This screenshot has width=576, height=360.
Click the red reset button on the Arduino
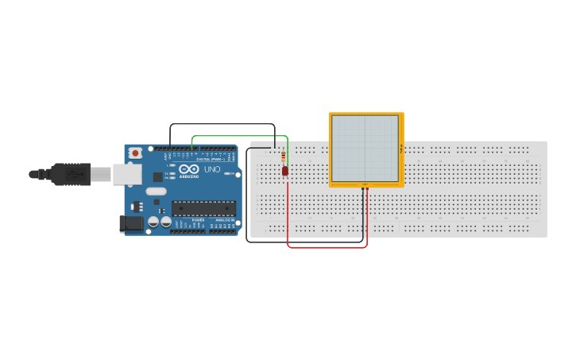pos(136,153)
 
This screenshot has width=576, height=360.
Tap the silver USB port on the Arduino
pos(126,174)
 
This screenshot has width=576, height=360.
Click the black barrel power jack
pos(131,224)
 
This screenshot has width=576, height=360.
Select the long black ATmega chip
pos(203,208)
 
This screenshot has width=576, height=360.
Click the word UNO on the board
pos(212,169)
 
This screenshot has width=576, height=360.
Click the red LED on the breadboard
pos(285,171)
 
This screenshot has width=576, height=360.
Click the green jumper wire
pos(238,136)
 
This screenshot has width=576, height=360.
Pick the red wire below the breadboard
pos(326,247)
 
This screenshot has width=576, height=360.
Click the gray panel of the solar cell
pos(365,148)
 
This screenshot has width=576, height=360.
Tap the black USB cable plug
pos(71,174)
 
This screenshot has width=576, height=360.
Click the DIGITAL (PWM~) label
pos(210,160)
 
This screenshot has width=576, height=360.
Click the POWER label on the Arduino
pos(198,220)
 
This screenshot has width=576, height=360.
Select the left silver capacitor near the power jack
pos(153,223)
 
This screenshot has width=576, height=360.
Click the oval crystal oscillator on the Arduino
pos(156,191)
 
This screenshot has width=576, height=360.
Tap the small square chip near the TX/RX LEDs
pos(158,177)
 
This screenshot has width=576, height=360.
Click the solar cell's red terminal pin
pos(367,188)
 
